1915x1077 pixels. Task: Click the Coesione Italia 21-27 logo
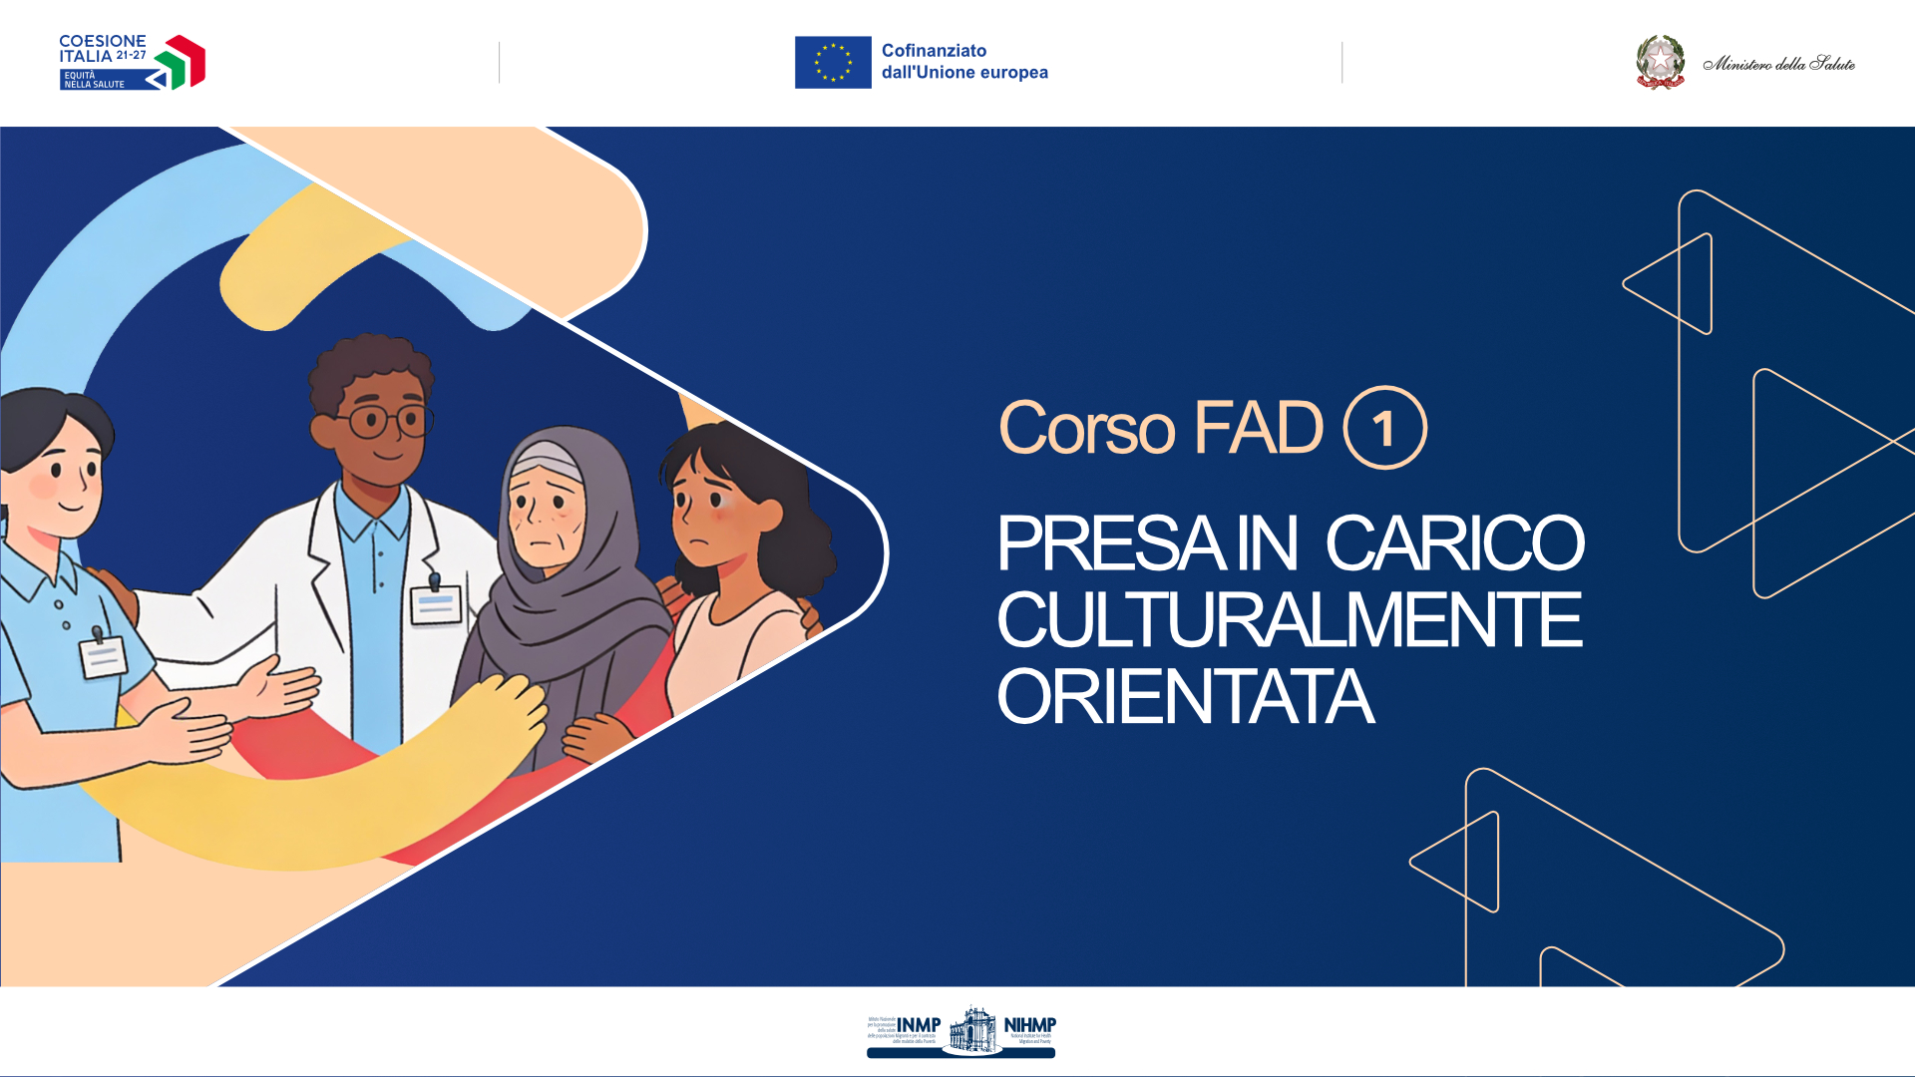point(132,63)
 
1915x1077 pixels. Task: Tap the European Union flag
point(833,63)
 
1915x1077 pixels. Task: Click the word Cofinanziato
point(934,51)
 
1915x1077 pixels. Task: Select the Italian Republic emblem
point(1660,62)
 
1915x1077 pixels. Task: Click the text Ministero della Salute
point(1778,64)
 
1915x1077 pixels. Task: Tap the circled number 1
point(1384,429)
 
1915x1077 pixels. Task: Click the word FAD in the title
point(1258,429)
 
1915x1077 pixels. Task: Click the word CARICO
point(1454,544)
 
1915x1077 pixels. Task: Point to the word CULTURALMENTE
point(1289,620)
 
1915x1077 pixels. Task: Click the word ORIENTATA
point(1185,697)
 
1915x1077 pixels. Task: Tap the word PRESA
point(1110,544)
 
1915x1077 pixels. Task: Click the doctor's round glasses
point(384,421)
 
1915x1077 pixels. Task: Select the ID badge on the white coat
point(436,603)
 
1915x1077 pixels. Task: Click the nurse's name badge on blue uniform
point(103,656)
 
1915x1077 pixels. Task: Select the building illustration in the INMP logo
point(971,1029)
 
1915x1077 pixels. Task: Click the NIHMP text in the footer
point(1029,1025)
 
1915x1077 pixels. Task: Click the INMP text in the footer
point(918,1025)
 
